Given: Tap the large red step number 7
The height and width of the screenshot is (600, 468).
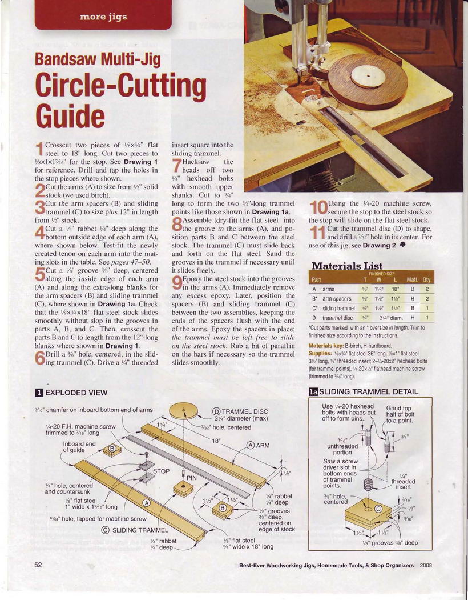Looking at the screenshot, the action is [x=176, y=165].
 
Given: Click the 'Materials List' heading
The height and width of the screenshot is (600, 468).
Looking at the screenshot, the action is [x=347, y=266].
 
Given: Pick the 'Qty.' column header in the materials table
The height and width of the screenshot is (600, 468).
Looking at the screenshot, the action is [x=426, y=280].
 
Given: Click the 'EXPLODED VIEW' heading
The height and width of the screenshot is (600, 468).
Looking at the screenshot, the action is [x=76, y=393].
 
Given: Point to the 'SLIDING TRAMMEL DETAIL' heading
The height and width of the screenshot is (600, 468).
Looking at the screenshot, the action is [x=369, y=391].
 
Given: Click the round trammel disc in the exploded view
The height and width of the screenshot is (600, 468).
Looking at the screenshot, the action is [x=184, y=411].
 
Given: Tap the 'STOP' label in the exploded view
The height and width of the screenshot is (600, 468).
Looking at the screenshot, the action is [x=161, y=471].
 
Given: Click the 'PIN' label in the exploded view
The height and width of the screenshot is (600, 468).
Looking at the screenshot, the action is [x=192, y=478].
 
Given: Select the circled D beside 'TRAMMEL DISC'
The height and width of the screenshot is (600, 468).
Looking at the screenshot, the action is [x=216, y=412].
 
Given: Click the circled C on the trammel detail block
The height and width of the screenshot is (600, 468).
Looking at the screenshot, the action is [x=378, y=509].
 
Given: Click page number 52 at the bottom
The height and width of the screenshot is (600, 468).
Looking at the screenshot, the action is [x=38, y=565].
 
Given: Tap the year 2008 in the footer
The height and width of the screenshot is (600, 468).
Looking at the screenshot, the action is [x=426, y=565].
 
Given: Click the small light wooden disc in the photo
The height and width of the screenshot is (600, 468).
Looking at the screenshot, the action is [x=368, y=77].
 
